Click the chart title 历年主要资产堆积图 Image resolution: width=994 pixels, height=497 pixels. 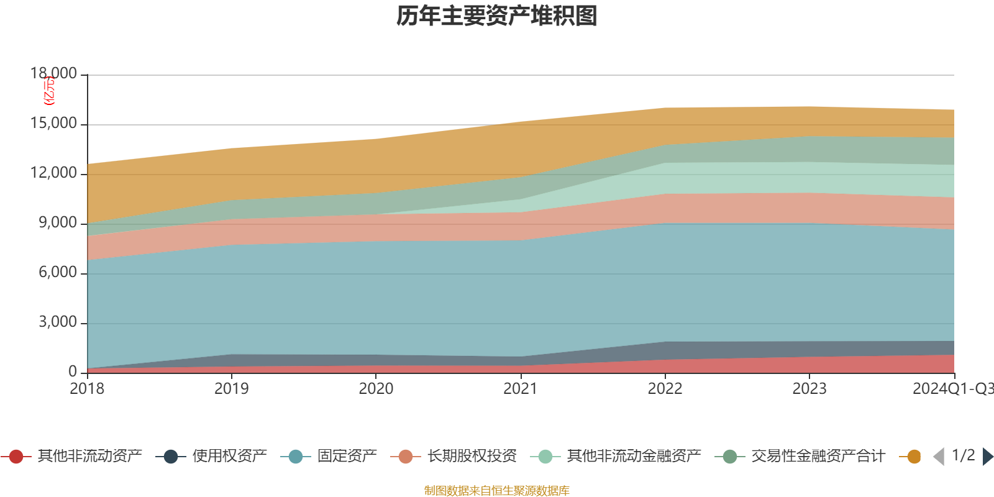pyautogui.click(x=497, y=17)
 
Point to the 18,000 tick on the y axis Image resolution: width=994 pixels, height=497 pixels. pyautogui.click(x=54, y=74)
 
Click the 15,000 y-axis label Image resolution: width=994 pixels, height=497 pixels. pyautogui.click(x=54, y=124)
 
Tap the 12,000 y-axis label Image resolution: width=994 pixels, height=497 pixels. pyautogui.click(x=54, y=173)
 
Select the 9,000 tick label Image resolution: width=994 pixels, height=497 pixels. pyautogui.click(x=58, y=223)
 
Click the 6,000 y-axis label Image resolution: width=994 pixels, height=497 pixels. pyautogui.click(x=58, y=273)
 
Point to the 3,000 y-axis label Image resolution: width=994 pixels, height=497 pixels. pyautogui.click(x=58, y=322)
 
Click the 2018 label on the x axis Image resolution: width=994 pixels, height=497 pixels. pyautogui.click(x=87, y=389)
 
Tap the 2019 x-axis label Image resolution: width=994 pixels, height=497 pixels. pyautogui.click(x=231, y=389)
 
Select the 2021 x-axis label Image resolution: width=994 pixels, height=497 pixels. pyautogui.click(x=520, y=389)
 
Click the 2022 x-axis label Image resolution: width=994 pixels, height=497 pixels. pyautogui.click(x=665, y=389)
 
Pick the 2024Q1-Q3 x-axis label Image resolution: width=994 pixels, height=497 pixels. pyautogui.click(x=952, y=389)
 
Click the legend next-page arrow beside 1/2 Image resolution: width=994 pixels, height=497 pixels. pyautogui.click(x=987, y=457)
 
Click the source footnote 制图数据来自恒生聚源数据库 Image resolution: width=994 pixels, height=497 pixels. pyautogui.click(x=497, y=491)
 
